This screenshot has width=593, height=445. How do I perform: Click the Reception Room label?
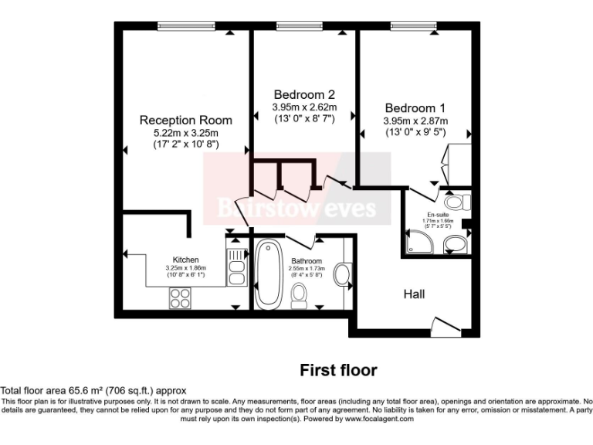(185, 121)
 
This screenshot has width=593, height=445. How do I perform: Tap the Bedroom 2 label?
(303, 94)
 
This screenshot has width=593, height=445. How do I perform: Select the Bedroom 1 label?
(415, 108)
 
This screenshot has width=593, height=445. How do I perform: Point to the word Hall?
(414, 294)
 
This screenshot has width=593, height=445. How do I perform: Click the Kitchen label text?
(185, 260)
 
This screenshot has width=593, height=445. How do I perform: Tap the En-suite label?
(437, 214)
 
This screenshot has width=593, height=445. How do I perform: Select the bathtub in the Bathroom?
(268, 273)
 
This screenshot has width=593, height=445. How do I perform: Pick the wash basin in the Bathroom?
(342, 274)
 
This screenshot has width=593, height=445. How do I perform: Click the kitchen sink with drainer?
(235, 265)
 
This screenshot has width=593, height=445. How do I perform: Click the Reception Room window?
(185, 26)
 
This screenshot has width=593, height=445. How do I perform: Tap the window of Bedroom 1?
(415, 26)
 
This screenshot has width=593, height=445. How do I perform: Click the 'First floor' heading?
(338, 370)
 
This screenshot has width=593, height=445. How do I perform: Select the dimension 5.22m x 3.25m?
(185, 133)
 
